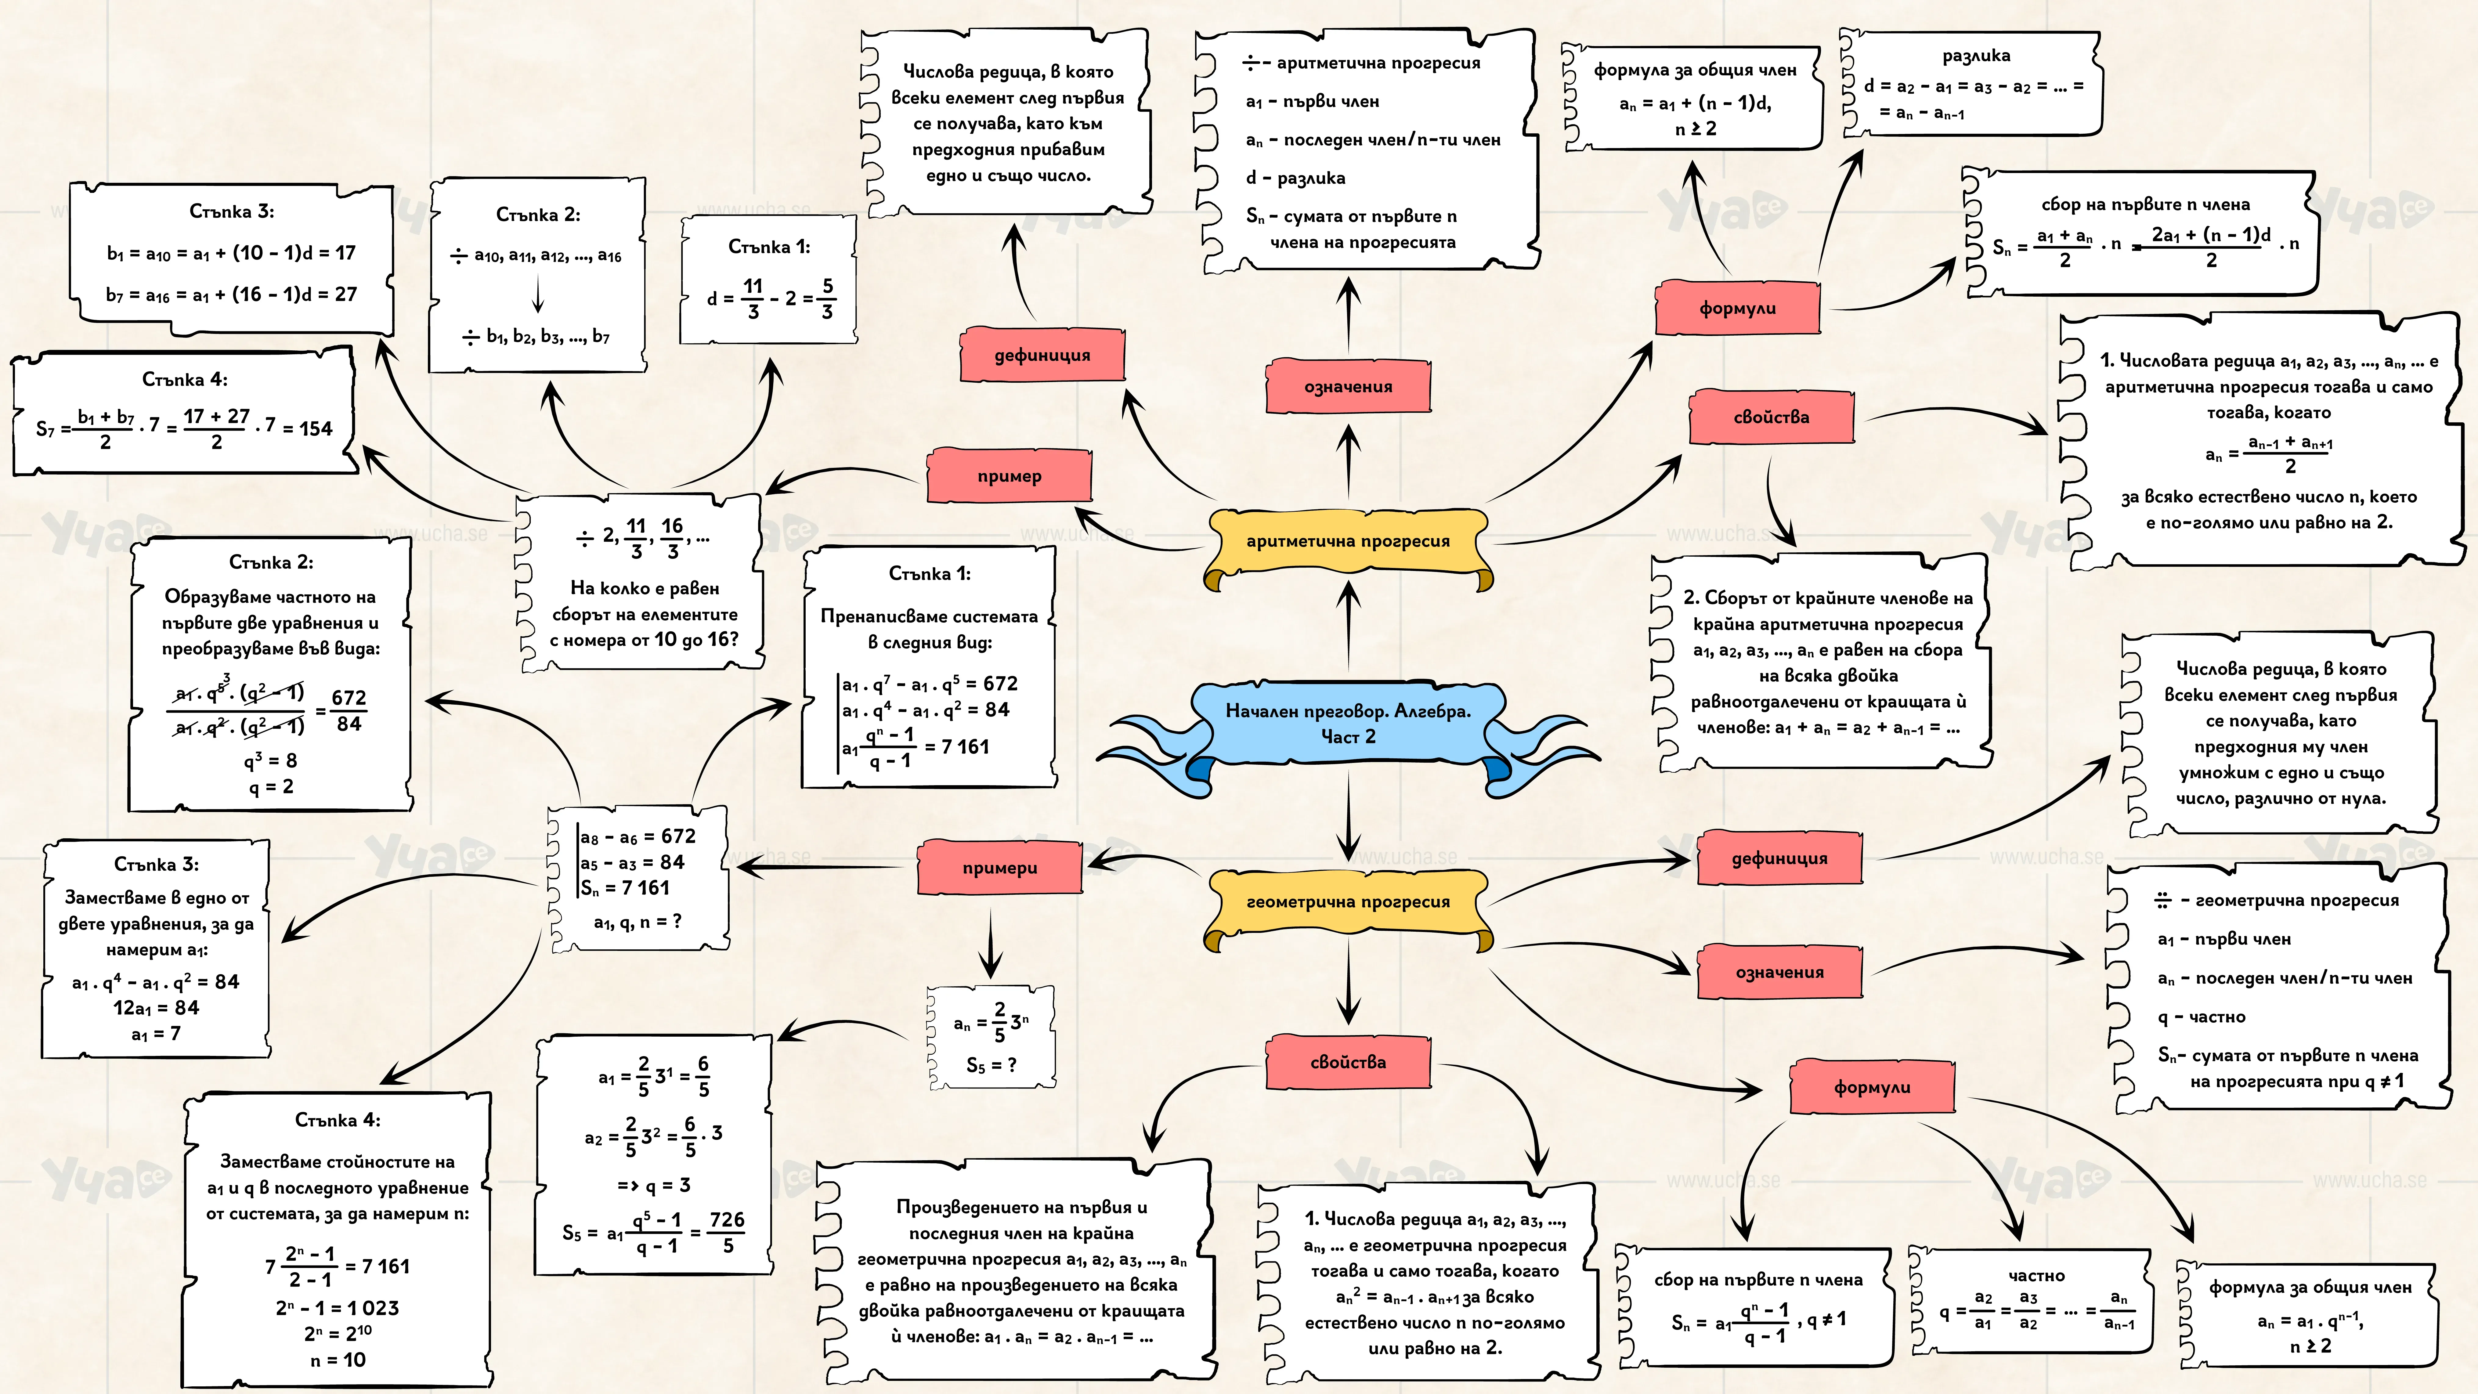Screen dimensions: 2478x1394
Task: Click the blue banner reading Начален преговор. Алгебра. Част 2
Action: pyautogui.click(x=1348, y=724)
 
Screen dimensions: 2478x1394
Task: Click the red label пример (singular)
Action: pyautogui.click(x=1009, y=475)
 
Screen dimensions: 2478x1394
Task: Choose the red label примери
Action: pyautogui.click(x=999, y=867)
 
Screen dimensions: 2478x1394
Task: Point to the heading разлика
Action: pyautogui.click(x=1976, y=56)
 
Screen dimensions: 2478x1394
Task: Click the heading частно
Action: pyautogui.click(x=2036, y=1276)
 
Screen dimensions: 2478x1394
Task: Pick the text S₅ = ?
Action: pyautogui.click(x=992, y=1065)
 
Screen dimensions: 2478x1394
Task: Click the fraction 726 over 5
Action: pyautogui.click(x=727, y=1232)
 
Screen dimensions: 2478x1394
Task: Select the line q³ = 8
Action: pyautogui.click(x=270, y=761)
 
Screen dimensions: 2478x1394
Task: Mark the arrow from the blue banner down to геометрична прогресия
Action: pyautogui.click(x=1349, y=816)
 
